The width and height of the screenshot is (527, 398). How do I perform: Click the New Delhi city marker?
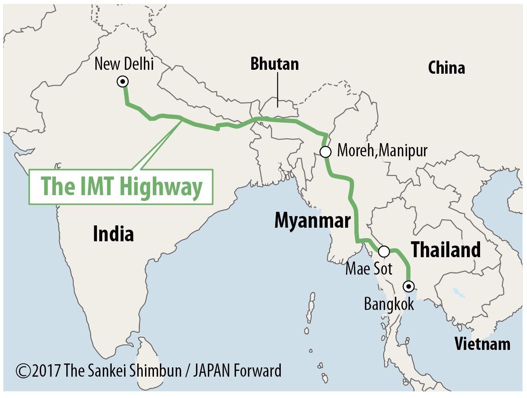pyautogui.click(x=123, y=82)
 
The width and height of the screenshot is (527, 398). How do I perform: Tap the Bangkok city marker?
pyautogui.click(x=408, y=287)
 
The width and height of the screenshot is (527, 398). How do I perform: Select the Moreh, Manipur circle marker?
pyautogui.click(x=325, y=152)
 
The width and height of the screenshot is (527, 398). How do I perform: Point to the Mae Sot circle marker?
pyautogui.click(x=384, y=251)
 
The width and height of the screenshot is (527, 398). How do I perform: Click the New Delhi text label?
pyautogui.click(x=124, y=64)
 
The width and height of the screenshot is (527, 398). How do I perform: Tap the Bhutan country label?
pyautogui.click(x=275, y=64)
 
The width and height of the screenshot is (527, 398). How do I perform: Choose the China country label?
pyautogui.click(x=446, y=68)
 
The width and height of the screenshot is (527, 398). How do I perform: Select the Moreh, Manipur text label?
pyautogui.click(x=382, y=151)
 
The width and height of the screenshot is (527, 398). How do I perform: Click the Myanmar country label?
pyautogui.click(x=313, y=221)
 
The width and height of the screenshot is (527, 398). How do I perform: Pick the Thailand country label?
pyautogui.click(x=446, y=249)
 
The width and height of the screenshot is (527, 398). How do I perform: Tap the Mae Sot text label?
pyautogui.click(x=368, y=268)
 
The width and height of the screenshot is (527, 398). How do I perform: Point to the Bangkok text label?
pyautogui.click(x=389, y=304)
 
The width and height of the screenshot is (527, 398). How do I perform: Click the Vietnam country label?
pyautogui.click(x=482, y=344)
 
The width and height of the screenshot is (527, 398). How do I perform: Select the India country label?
pyautogui.click(x=113, y=234)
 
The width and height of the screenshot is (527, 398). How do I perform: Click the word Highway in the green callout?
pyautogui.click(x=161, y=187)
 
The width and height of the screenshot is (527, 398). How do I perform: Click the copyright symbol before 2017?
pyautogui.click(x=23, y=371)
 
